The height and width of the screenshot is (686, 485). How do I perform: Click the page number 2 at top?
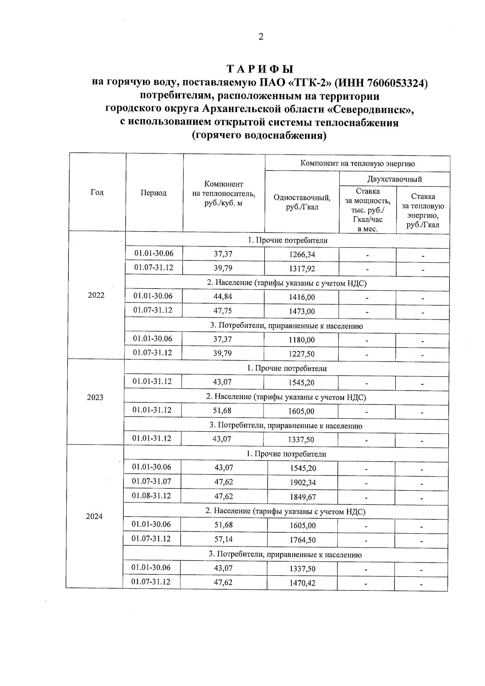coord(261,37)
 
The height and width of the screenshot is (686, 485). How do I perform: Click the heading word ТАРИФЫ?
coord(260,68)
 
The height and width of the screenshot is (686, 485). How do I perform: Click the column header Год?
coord(97,192)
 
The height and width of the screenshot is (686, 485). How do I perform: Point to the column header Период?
coord(154,193)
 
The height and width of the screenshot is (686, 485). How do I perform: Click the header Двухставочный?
coord(394,179)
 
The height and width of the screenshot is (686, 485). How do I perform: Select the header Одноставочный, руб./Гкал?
coord(302,202)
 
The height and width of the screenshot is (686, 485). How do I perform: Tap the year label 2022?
coord(96,295)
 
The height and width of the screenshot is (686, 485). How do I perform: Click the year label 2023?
coord(95,397)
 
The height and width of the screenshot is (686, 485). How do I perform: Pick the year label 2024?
coord(94,517)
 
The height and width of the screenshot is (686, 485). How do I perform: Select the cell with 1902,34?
coord(303,482)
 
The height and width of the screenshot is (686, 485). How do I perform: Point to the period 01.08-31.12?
coord(151,496)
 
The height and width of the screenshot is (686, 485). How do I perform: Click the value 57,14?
coord(224,539)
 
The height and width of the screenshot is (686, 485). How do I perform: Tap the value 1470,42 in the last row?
coord(302,583)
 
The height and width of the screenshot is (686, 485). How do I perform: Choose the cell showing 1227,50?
coord(302,354)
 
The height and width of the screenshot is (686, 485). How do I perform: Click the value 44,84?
coord(223,296)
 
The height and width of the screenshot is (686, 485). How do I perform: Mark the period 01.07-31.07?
coord(151,481)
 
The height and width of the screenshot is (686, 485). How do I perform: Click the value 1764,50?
coord(302,540)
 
